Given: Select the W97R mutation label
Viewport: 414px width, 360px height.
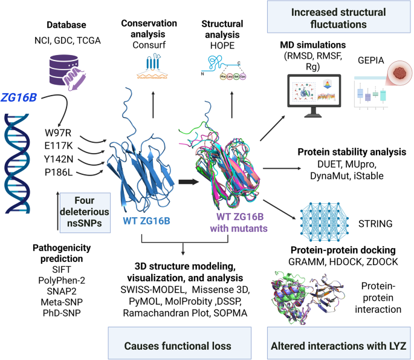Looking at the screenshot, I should click(58, 133).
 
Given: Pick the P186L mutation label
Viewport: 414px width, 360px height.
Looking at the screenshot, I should click(58, 172).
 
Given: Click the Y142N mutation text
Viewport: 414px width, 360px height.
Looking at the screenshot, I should click(58, 159).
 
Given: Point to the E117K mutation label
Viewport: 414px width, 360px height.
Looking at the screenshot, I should click(58, 146).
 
